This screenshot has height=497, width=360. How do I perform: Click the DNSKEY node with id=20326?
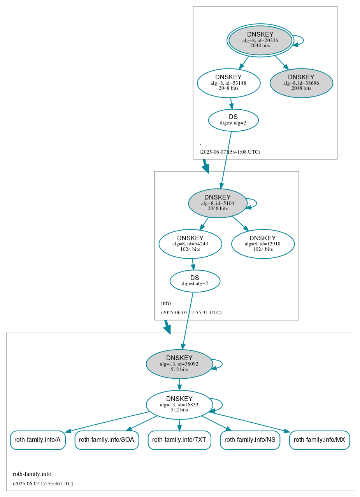[x=260, y=40]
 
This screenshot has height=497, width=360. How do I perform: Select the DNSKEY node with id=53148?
[x=228, y=83]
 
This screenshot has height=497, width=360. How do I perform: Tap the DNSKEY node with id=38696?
[x=301, y=83]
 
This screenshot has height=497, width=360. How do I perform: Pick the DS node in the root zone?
[x=233, y=120]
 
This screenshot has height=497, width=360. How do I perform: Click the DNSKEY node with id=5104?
[x=218, y=203]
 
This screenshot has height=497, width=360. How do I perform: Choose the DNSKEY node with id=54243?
[x=190, y=244]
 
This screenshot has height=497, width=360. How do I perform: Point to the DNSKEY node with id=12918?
[x=263, y=244]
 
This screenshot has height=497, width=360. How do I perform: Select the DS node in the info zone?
[x=195, y=281]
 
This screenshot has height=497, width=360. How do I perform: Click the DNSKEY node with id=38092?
[x=179, y=364]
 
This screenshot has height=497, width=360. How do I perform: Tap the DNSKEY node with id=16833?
[x=179, y=404]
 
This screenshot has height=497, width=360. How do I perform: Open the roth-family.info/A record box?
[x=37, y=440]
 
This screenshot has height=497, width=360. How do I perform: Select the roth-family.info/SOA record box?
[x=107, y=440]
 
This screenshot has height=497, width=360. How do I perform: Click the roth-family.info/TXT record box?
[x=179, y=440]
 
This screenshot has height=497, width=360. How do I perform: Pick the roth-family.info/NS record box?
[x=250, y=440]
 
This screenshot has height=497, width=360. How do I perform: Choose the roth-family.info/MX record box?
[x=319, y=440]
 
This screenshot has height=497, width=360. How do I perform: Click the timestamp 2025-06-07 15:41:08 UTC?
[x=230, y=152]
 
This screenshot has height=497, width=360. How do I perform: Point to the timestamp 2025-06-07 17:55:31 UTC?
[x=191, y=313]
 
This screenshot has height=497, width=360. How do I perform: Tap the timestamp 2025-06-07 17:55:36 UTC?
[x=43, y=484]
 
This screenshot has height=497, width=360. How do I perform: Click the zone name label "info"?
[x=166, y=303]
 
